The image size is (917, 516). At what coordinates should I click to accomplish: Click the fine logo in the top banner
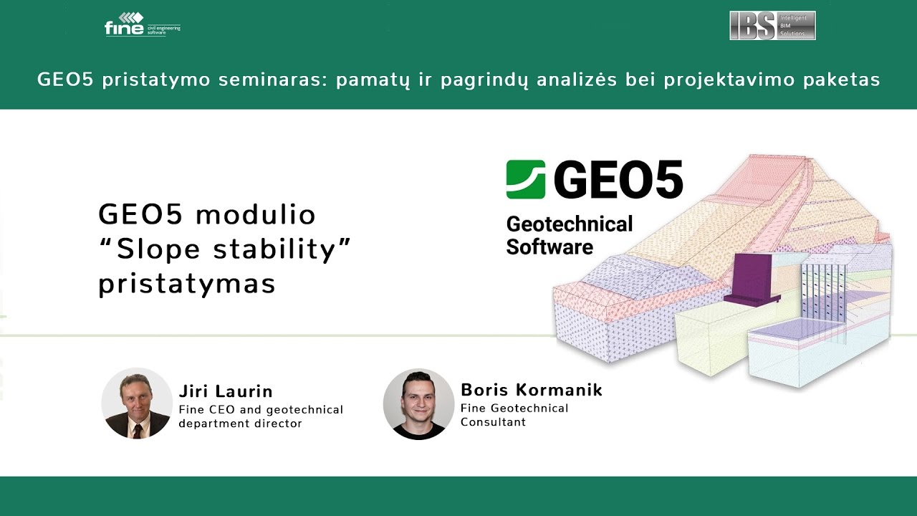(141, 26)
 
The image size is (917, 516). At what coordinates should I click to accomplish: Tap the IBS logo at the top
(772, 25)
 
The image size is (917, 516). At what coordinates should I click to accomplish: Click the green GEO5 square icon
(525, 179)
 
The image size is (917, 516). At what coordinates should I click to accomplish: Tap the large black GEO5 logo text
(618, 180)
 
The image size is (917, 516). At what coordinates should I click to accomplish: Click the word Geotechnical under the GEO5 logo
(570, 224)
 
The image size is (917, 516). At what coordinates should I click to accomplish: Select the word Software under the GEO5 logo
(549, 247)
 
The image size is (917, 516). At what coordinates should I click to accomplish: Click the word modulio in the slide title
(255, 215)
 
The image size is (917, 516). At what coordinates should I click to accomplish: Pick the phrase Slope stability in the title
(226, 249)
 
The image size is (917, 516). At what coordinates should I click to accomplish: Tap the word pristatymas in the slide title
(187, 284)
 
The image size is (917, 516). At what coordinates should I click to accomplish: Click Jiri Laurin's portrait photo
(136, 403)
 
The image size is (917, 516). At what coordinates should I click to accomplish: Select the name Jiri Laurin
(226, 391)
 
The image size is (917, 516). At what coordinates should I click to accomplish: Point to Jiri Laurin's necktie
(138, 429)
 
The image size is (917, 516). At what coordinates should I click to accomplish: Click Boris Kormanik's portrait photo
(418, 403)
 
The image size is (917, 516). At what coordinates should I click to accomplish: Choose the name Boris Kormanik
(531, 390)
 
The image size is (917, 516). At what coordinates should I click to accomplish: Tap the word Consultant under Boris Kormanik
(493, 422)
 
